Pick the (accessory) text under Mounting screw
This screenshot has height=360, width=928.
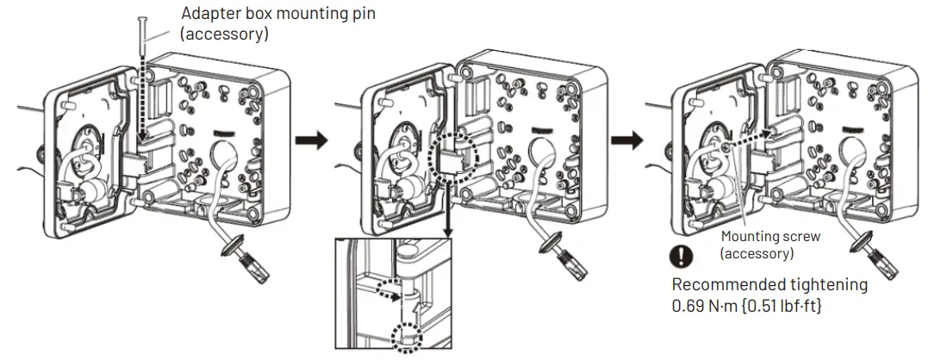click(x=757, y=254)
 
